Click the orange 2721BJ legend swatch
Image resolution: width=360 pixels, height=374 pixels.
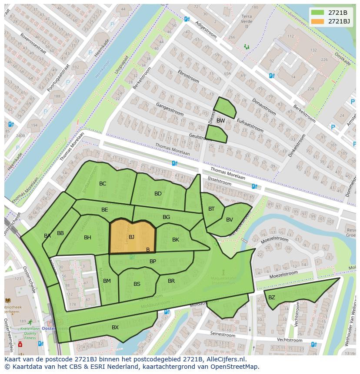pos(317,21)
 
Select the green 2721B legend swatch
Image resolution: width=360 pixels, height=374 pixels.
pos(317,12)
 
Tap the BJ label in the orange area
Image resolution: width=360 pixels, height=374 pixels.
pos(131,237)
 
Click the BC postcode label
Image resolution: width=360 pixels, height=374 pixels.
pos(103,184)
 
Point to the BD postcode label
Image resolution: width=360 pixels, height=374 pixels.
pos(158,194)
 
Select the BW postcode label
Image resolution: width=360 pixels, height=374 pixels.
pos(221,121)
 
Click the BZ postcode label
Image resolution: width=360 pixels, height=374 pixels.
pos(272,298)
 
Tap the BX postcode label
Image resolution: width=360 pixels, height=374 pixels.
pos(115,328)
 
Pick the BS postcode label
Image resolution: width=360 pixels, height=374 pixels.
pos(137,284)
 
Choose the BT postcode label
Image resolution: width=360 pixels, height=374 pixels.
pos(211,209)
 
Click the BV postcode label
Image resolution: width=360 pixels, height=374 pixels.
pos(230,220)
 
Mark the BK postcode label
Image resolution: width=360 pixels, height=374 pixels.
pos(176,240)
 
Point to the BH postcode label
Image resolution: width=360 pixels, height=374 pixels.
pos(88,238)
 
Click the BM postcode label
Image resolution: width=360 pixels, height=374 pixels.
pos(107,281)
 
